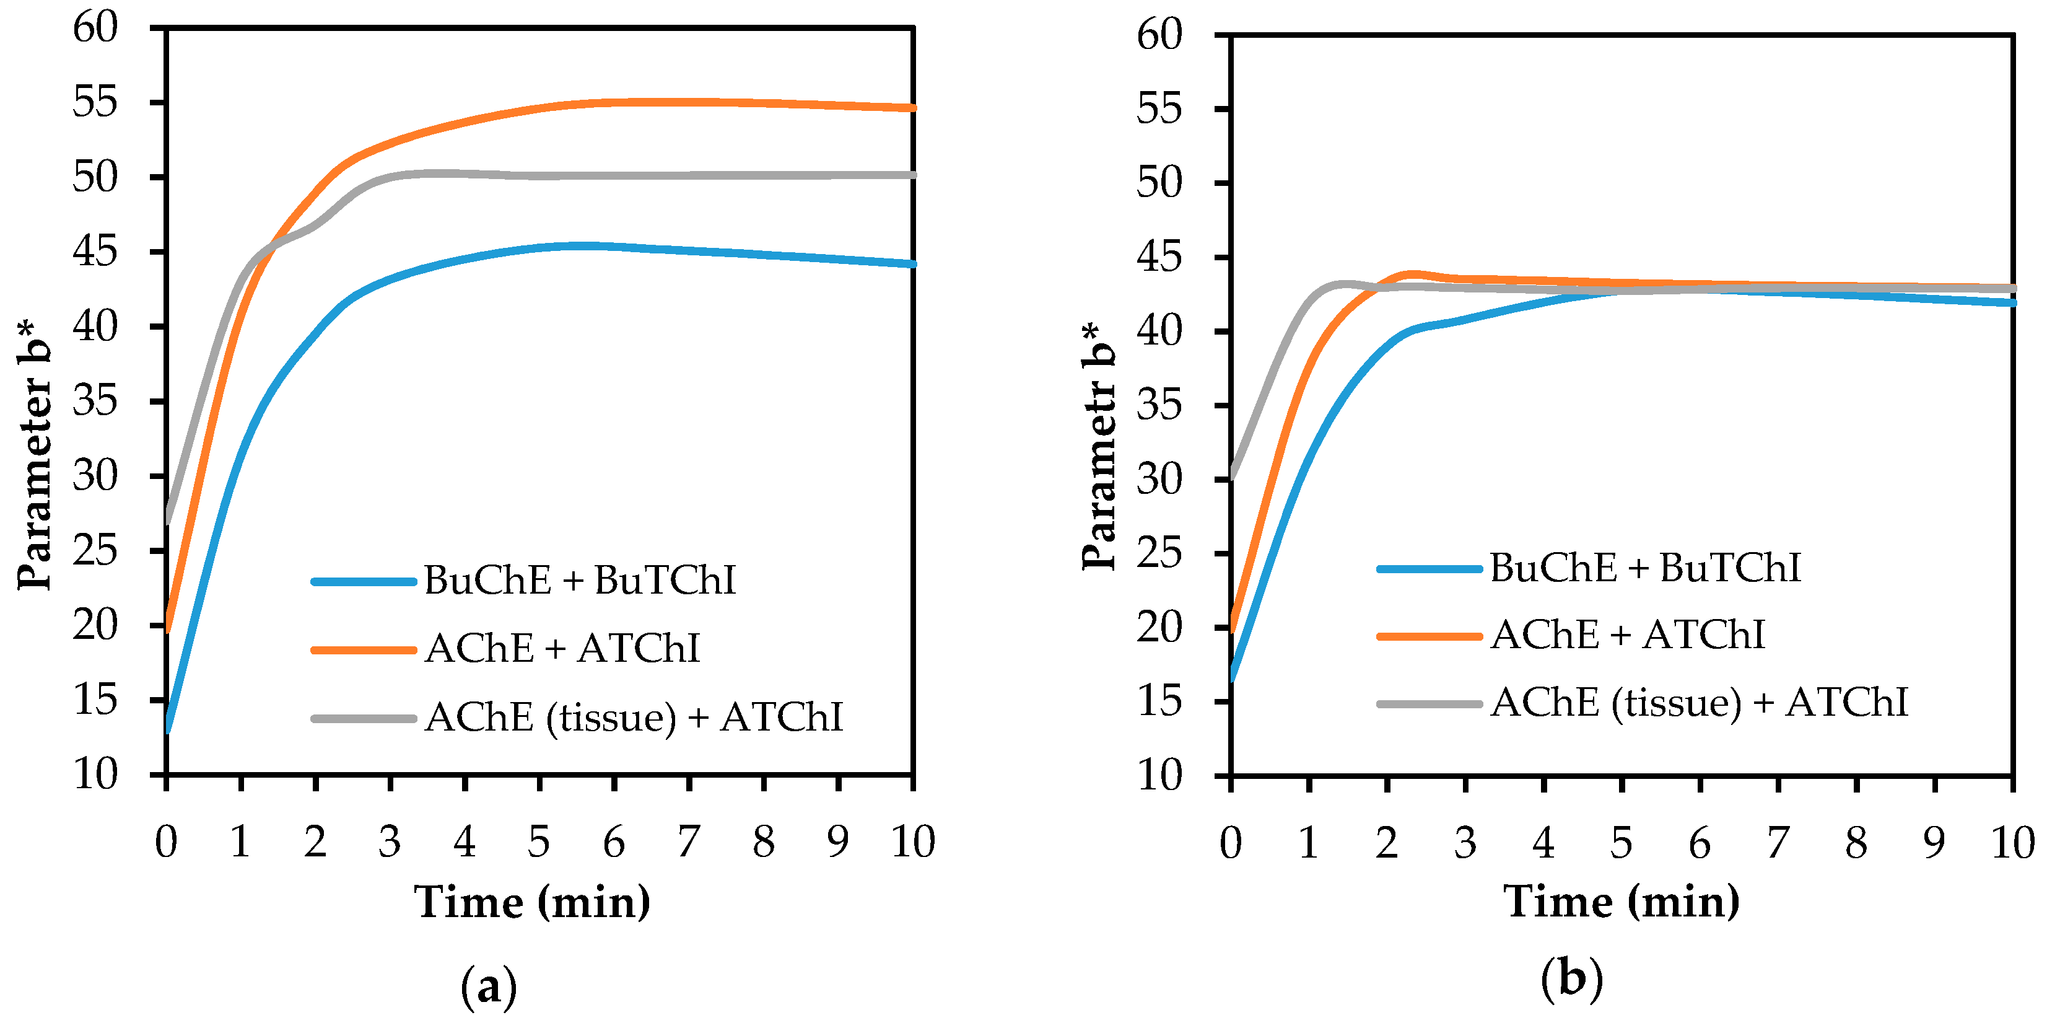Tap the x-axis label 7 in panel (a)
[x=688, y=841]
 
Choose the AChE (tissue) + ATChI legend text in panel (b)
[x=1699, y=703]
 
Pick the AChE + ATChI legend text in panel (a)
[x=562, y=649]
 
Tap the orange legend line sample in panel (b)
[x=1429, y=636]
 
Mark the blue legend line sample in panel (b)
[x=1429, y=568]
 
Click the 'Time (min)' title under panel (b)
[x=1621, y=903]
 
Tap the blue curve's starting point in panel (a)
[x=168, y=728]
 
